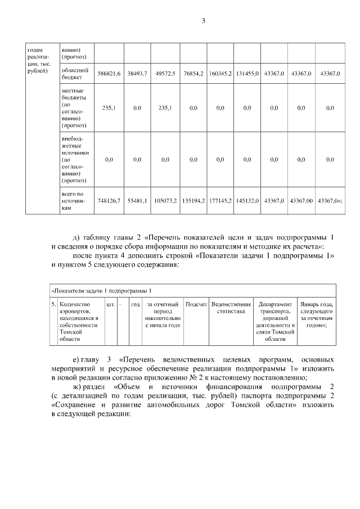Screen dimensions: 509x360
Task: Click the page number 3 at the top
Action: (204, 22)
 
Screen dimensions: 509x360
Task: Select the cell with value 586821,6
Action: (109, 74)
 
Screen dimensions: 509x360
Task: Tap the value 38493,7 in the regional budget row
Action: (137, 74)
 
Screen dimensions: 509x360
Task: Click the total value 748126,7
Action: (109, 200)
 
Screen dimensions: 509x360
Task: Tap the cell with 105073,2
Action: (165, 200)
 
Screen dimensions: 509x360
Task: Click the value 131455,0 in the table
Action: (247, 74)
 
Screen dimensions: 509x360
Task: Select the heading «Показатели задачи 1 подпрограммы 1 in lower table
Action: (102, 291)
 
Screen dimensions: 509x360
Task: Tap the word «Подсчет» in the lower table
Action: (196, 304)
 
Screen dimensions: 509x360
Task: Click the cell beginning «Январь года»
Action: (317, 314)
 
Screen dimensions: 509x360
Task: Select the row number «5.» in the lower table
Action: (54, 304)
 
